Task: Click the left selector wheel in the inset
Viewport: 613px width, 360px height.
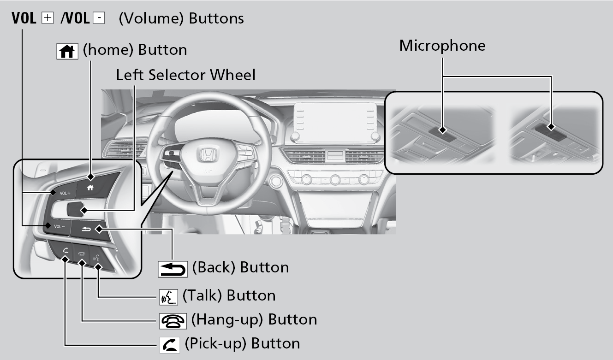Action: tap(76, 209)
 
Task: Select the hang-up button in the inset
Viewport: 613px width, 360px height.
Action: tap(82, 254)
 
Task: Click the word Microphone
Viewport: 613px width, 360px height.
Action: tap(442, 46)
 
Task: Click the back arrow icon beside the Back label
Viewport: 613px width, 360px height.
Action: tap(173, 268)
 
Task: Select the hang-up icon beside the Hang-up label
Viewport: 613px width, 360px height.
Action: tap(173, 320)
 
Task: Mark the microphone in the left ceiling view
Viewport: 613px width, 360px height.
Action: tap(442, 130)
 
